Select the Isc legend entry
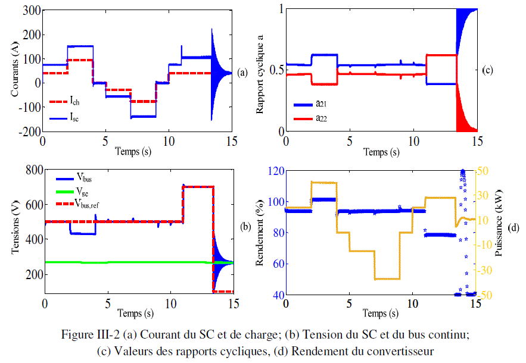(x=74, y=118)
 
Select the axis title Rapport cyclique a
(x=260, y=71)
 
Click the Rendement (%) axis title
(x=260, y=231)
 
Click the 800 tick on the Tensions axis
(x=30, y=170)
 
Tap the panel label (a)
(x=242, y=73)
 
